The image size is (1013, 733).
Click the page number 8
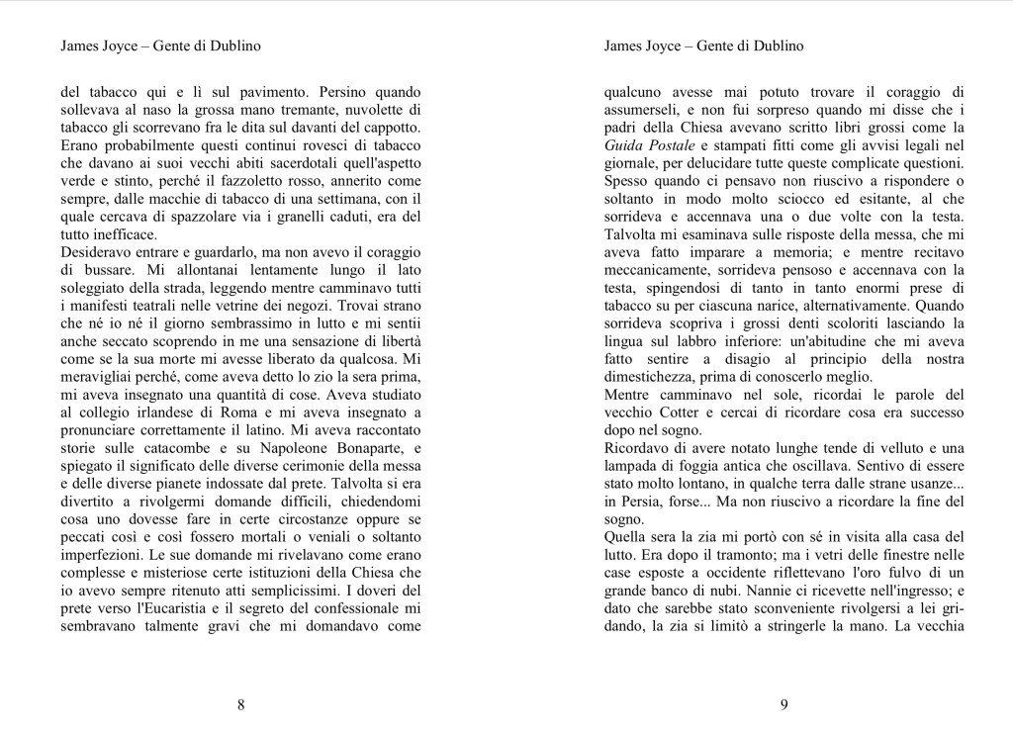point(241,704)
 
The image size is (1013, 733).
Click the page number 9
point(784,704)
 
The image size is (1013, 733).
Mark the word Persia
point(631,502)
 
